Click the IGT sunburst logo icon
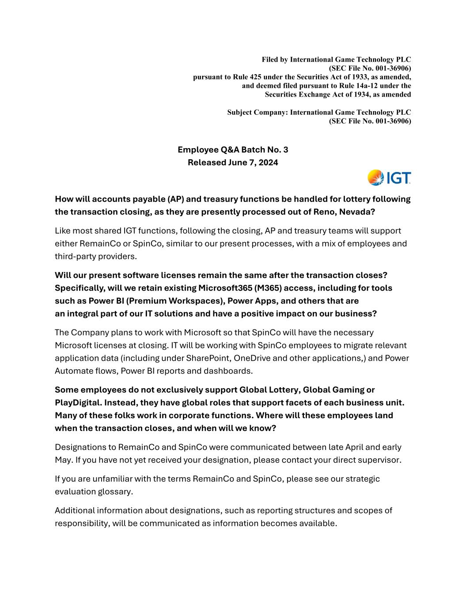click(x=376, y=178)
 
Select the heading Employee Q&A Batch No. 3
click(x=233, y=150)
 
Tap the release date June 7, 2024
click(x=253, y=162)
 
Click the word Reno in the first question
click(x=327, y=212)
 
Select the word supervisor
click(x=380, y=460)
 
